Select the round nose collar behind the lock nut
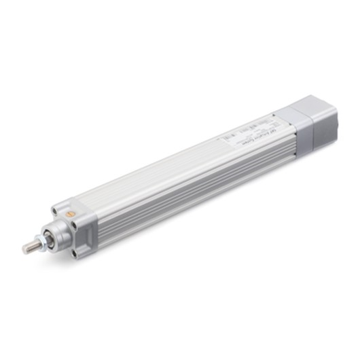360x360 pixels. coord(54,234)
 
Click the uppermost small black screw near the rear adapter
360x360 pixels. coord(272,114)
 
